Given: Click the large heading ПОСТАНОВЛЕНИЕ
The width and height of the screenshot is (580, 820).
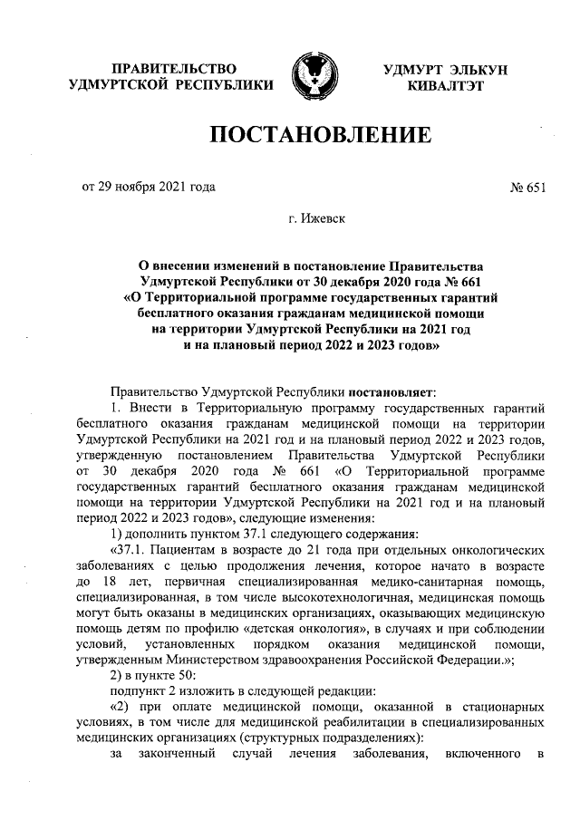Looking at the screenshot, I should [x=319, y=137].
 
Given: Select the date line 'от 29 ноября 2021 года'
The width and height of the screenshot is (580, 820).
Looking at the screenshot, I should [x=149, y=188].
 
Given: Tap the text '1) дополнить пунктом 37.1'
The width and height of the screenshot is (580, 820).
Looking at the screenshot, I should [x=187, y=533].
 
